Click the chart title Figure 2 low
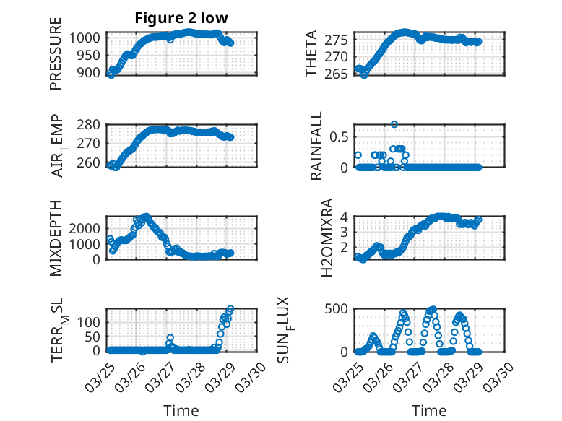[x=181, y=19]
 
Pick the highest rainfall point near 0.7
[x=394, y=124]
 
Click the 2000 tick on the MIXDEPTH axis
[x=87, y=227]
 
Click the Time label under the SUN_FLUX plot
[x=429, y=410]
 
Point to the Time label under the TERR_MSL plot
[x=181, y=410]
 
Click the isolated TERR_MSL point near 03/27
[x=170, y=338]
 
